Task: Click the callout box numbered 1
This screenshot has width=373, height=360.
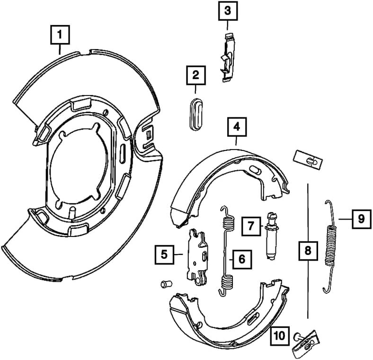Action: (60, 35)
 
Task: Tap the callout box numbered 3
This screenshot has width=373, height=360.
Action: (227, 10)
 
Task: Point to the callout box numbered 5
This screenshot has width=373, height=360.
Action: (164, 255)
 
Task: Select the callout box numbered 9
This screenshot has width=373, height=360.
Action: (361, 219)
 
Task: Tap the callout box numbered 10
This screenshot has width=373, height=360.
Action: (279, 336)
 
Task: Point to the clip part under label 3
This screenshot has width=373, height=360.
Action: (228, 58)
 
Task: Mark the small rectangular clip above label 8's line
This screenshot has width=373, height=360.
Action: (308, 159)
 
